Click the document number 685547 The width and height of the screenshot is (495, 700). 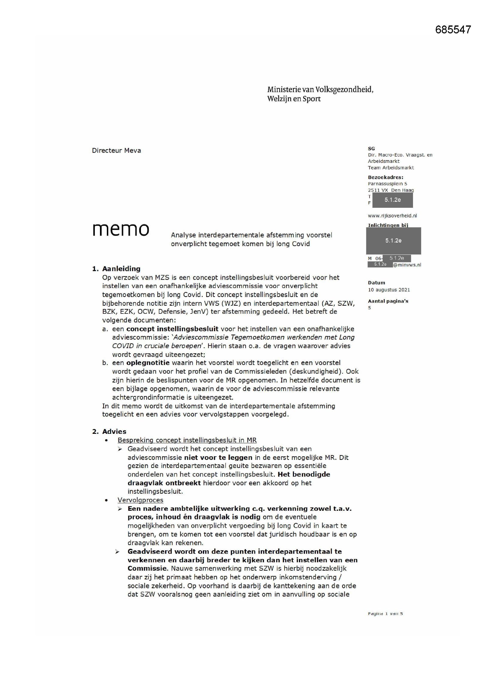click(453, 30)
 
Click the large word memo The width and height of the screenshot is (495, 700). click(121, 229)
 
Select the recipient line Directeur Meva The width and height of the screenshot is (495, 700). click(116, 151)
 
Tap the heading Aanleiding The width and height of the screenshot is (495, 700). click(121, 269)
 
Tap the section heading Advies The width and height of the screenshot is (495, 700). click(114, 431)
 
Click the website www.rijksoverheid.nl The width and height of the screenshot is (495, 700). click(392, 216)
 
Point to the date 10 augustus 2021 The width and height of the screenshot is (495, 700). click(389, 290)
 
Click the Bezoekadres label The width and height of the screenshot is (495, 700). click(385, 177)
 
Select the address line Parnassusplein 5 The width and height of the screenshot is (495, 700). click(387, 184)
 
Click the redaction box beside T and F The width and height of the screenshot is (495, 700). click(393, 200)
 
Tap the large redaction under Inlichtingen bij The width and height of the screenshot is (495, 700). click(394, 240)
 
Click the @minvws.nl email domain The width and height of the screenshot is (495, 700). click(407, 265)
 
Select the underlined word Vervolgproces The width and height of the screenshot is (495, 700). click(141, 500)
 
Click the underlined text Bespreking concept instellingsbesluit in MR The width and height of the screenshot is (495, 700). click(187, 440)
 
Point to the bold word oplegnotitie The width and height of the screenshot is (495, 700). click(148, 363)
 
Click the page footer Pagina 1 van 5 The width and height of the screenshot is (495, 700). click(385, 613)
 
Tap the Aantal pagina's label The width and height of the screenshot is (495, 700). click(388, 301)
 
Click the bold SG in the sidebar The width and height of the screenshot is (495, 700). click(371, 149)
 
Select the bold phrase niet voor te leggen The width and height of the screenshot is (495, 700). click(218, 457)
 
